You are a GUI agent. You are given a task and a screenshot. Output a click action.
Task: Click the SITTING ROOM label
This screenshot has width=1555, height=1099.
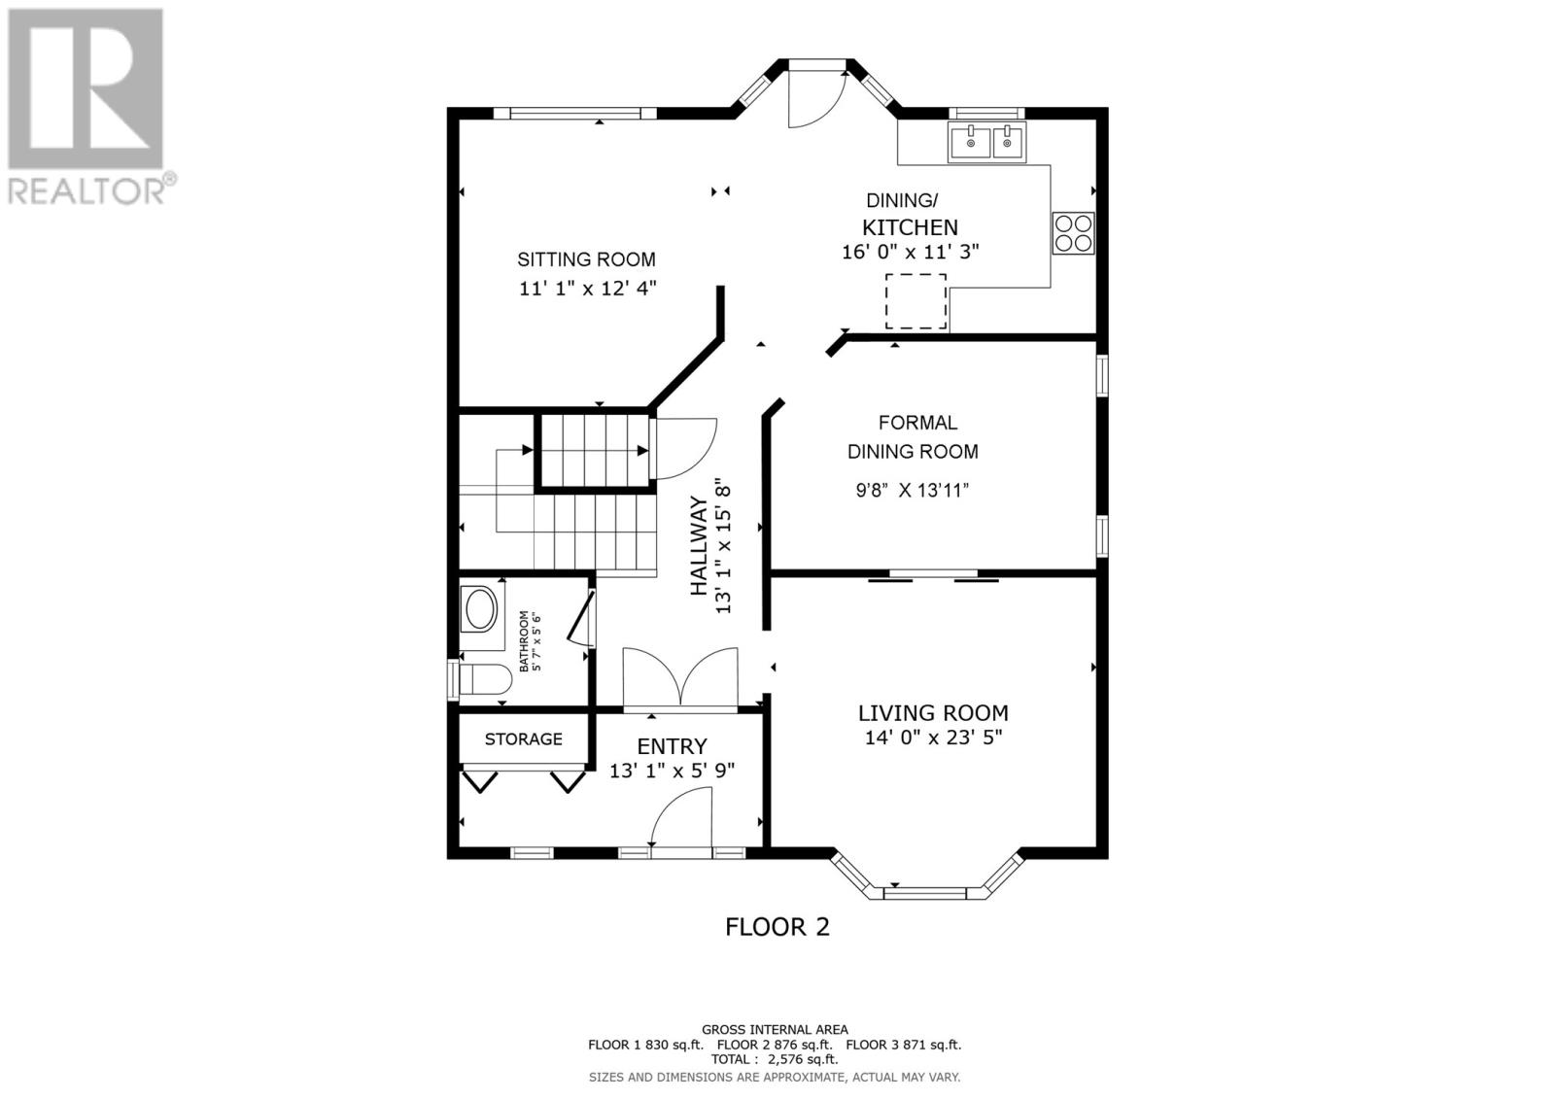pyautogui.click(x=586, y=259)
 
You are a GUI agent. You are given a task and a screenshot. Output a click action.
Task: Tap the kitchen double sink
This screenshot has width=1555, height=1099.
pyautogui.click(x=986, y=143)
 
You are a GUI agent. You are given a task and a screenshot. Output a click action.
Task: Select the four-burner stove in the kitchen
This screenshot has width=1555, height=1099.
pyautogui.click(x=1073, y=233)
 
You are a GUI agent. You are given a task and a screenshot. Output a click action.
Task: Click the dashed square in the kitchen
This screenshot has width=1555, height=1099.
pyautogui.click(x=915, y=301)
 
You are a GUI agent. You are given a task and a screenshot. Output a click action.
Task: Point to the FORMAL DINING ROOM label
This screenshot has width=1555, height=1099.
pyautogui.click(x=913, y=437)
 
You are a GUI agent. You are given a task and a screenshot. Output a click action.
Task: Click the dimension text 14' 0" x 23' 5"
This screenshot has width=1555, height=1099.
pyautogui.click(x=933, y=738)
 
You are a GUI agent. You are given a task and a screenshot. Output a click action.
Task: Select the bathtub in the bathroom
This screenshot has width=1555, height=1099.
pyautogui.click(x=480, y=611)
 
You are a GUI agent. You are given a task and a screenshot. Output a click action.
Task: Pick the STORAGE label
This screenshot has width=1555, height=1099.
pyautogui.click(x=523, y=739)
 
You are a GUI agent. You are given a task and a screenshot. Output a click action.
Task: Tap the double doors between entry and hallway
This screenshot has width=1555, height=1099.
pyautogui.click(x=683, y=676)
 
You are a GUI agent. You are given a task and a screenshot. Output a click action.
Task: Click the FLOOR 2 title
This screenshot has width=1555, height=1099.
pyautogui.click(x=777, y=927)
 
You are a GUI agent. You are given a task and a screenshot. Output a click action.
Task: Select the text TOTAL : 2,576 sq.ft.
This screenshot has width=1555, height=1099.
pyautogui.click(x=775, y=1060)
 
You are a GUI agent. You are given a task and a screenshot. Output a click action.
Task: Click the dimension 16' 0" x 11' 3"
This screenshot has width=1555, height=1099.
pyautogui.click(x=910, y=252)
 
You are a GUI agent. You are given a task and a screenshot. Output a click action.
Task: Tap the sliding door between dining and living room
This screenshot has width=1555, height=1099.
pyautogui.click(x=933, y=578)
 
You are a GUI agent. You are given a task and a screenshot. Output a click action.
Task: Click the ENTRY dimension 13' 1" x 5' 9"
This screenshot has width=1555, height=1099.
pyautogui.click(x=672, y=771)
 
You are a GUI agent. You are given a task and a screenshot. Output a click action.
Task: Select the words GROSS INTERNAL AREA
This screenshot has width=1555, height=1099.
pyautogui.click(x=775, y=1029)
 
